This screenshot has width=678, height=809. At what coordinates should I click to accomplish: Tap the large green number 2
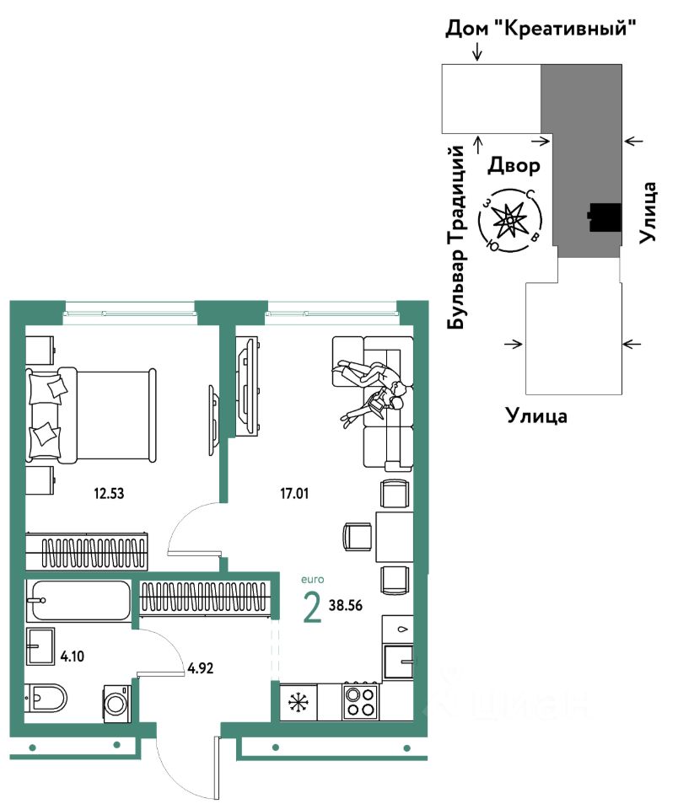tap(312, 608)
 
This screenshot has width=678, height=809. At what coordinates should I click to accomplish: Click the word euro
tap(311, 580)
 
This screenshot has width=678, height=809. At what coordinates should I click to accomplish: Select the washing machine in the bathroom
tap(116, 700)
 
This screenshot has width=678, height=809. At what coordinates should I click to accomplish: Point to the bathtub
tap(78, 600)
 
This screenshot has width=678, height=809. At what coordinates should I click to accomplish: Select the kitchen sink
tap(397, 662)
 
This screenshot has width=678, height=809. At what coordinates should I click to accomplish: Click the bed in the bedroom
tap(91, 414)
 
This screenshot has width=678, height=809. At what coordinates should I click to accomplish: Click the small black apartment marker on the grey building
tap(605, 217)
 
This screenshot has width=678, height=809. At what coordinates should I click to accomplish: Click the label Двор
tap(514, 165)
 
